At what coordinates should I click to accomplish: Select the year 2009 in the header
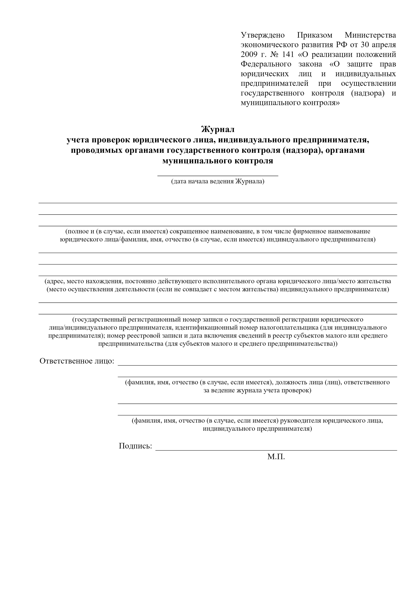click(249, 55)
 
